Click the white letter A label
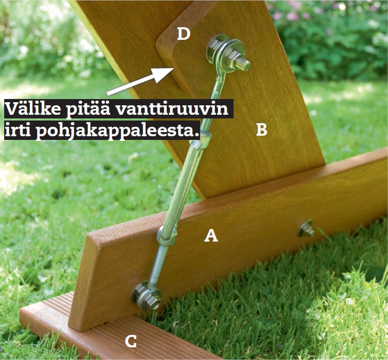(x=210, y=236)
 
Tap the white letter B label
(x=262, y=129)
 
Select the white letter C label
(x=131, y=342)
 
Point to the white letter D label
(x=183, y=35)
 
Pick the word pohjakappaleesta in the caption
(x=116, y=130)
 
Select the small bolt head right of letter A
(x=306, y=228)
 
